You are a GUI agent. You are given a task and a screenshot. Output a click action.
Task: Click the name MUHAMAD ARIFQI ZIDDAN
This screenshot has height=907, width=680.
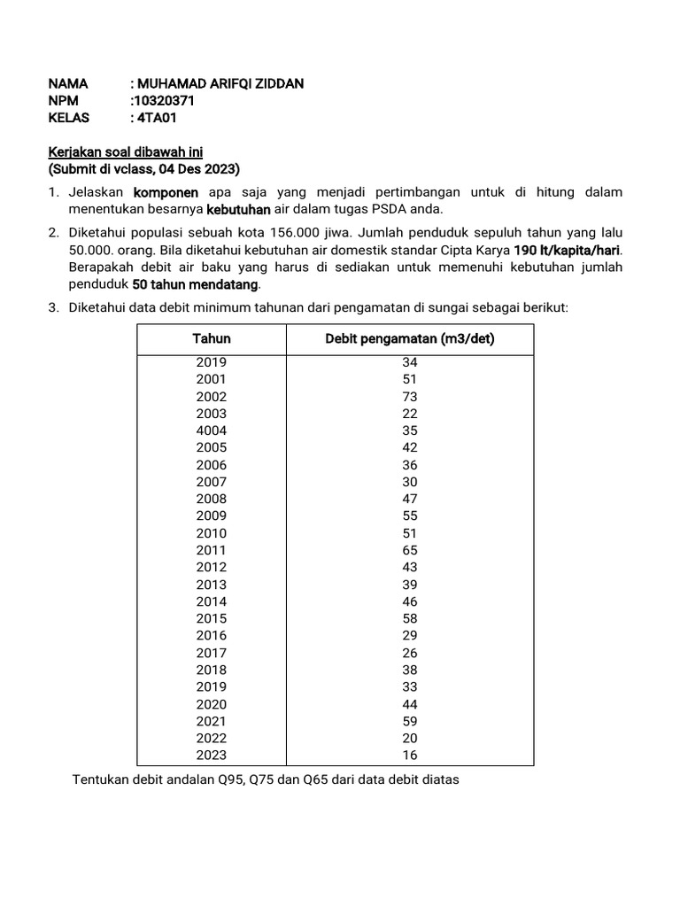point(220,84)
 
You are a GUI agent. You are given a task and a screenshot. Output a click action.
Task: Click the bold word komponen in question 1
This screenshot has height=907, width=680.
point(166,192)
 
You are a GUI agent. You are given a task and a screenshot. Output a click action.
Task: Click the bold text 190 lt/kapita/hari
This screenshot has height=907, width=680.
point(568,250)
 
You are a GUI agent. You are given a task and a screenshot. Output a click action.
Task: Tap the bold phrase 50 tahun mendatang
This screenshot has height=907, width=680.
point(197,283)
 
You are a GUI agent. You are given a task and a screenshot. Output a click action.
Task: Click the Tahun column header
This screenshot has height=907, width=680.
point(212,339)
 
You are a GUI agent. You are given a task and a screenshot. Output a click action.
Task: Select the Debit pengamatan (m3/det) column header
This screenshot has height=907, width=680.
point(409,339)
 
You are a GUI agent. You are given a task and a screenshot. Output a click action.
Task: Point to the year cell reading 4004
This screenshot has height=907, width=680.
point(212,430)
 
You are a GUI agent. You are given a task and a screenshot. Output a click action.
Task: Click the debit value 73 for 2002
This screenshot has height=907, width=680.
point(409,397)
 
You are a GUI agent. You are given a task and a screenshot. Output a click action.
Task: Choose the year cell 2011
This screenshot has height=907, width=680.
point(212,550)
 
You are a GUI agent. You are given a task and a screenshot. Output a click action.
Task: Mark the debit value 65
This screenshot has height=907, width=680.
point(409,550)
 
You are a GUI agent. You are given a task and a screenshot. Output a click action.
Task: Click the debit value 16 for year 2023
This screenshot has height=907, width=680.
point(409,756)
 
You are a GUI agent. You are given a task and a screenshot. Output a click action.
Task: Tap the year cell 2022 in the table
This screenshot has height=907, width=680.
point(212,738)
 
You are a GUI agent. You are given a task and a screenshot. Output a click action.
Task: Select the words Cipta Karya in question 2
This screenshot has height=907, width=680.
point(478,250)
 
